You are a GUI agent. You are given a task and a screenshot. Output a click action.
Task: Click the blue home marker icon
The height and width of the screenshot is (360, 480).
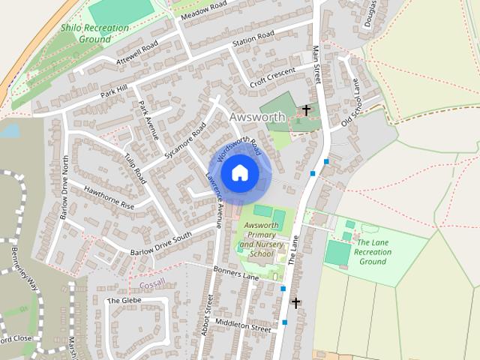(x=239, y=172)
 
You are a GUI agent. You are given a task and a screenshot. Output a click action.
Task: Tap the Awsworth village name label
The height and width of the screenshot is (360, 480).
(x=257, y=118)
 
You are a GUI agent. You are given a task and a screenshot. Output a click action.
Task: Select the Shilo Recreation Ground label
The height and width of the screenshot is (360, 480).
(x=94, y=33)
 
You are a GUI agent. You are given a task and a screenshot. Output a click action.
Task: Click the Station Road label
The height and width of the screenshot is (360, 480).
(x=253, y=38)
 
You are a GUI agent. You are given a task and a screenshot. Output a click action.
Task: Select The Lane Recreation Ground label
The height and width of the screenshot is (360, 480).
(x=373, y=252)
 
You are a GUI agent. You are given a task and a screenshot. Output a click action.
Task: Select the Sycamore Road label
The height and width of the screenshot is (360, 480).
(x=184, y=141)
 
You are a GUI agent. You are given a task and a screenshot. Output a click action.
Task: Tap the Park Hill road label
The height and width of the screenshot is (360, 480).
(x=114, y=91)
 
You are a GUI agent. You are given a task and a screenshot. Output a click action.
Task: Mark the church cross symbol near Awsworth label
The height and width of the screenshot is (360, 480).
(x=305, y=111)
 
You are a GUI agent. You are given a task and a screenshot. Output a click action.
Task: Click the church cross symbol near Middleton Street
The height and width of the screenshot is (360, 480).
(x=295, y=303)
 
